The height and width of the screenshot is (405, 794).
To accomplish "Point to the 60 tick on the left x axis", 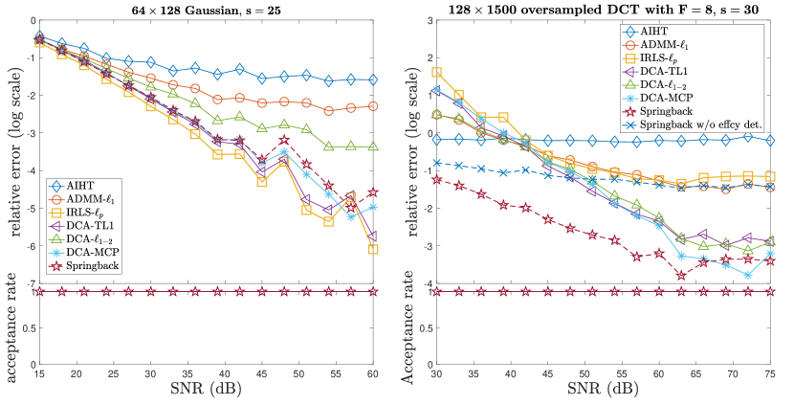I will click(x=373, y=374).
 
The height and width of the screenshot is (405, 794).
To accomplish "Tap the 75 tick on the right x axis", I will click(x=771, y=374).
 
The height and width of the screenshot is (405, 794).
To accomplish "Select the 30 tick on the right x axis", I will click(x=437, y=374).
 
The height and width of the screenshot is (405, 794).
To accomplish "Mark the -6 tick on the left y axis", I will click(x=30, y=246).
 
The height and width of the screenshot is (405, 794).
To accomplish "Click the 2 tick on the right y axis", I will click(x=427, y=56).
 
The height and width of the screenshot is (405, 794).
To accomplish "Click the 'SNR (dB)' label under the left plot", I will click(x=206, y=392).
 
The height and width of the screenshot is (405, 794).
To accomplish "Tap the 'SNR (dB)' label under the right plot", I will click(x=604, y=392).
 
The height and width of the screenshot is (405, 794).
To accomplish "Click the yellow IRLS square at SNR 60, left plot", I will click(x=372, y=249).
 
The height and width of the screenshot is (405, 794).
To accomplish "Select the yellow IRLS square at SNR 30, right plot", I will click(x=437, y=72).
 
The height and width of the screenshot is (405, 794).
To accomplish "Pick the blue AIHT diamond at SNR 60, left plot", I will click(x=372, y=79).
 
